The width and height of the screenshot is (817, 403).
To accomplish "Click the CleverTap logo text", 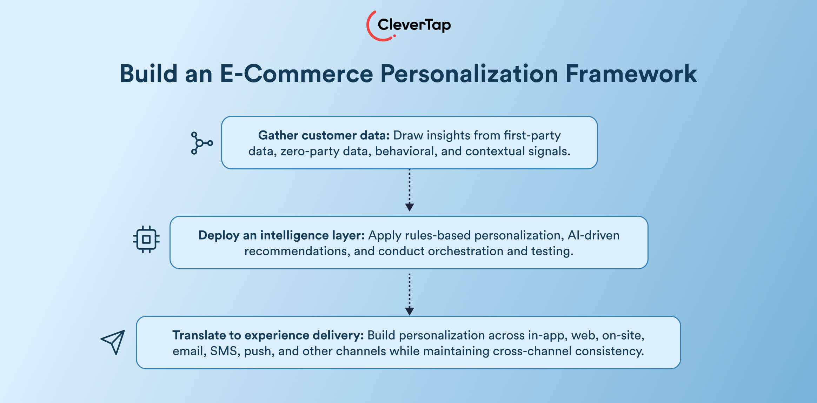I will pos(414,25).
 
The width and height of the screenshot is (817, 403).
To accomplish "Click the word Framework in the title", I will pos(631,74).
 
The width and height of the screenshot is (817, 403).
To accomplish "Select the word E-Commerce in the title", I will pos(296,74).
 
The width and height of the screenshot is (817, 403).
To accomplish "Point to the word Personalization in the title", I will pos(469,74).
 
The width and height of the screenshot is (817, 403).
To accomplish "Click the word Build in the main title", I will pos(148,74).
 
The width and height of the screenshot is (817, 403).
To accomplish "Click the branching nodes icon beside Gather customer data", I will pos(201,143).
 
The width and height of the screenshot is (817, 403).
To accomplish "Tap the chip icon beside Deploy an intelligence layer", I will pos(146,240).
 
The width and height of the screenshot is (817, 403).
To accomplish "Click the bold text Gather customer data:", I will pos(324,135).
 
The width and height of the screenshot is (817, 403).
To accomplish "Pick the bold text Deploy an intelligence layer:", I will pos(281,235).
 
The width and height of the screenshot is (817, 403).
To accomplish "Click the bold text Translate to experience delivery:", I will pos(268,335).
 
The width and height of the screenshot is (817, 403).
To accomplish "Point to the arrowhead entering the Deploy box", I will pos(409,207).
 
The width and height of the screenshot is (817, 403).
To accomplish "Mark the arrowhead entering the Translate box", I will pos(409,311).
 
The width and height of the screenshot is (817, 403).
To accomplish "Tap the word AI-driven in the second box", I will pos(593,235).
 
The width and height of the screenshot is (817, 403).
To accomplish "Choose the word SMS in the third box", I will pos(223,351).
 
